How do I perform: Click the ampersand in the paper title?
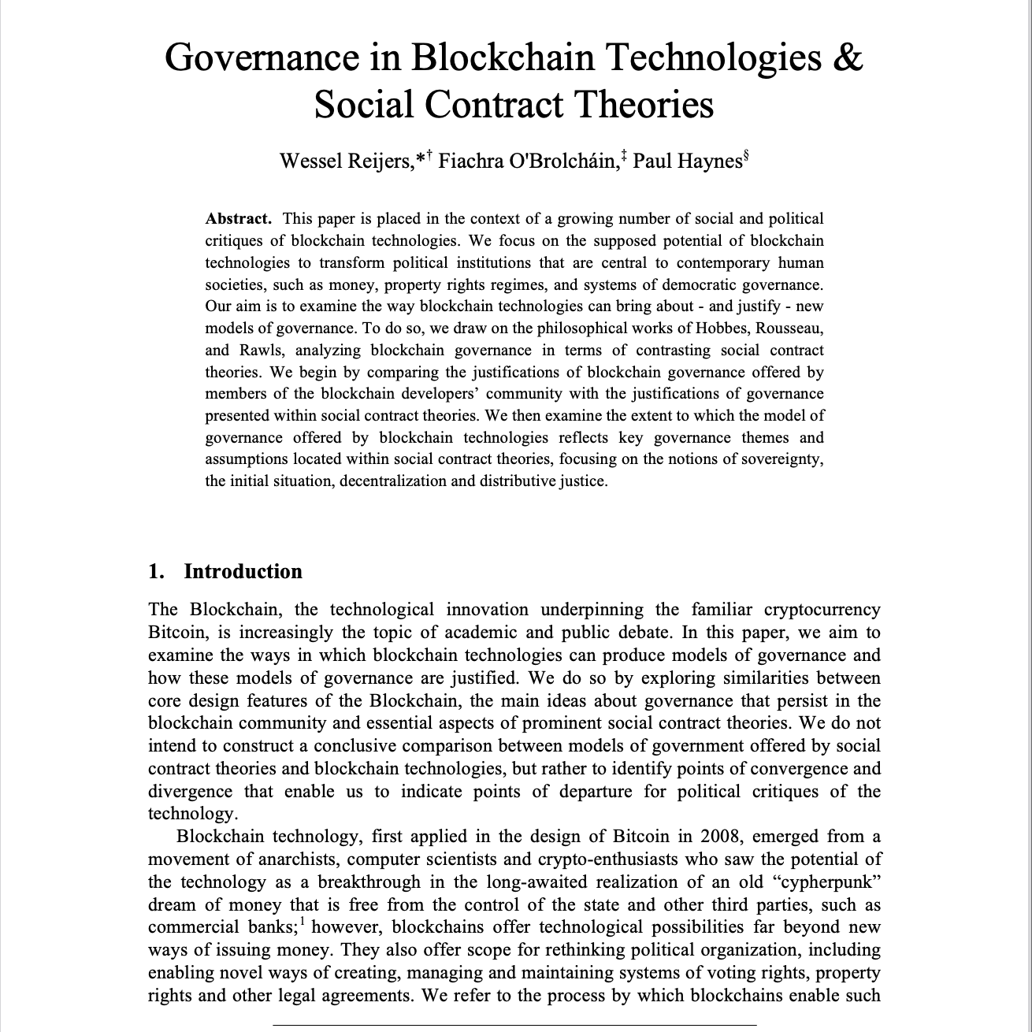847,58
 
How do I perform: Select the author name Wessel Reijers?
346,161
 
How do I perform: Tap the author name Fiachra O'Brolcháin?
527,161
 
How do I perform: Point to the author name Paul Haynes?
688,161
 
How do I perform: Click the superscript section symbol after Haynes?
746,155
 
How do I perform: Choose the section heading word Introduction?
243,571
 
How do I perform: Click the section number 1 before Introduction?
155,571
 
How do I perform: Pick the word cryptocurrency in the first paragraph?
822,610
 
